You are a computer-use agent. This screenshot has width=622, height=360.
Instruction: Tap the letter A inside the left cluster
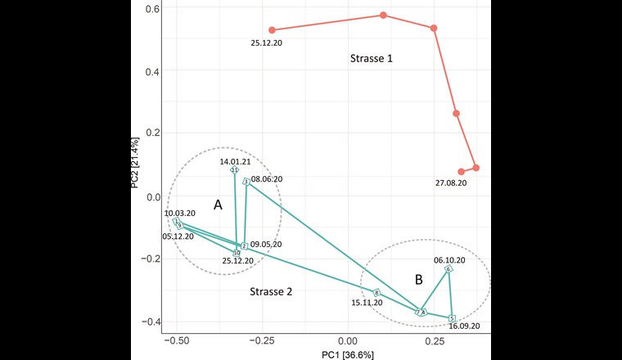218,205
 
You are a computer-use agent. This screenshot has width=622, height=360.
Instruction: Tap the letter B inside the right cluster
418,280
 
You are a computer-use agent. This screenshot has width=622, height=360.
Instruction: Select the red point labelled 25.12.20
272,30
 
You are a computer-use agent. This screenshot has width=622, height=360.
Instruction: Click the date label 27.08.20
451,183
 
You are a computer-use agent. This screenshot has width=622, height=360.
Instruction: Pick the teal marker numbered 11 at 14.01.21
235,170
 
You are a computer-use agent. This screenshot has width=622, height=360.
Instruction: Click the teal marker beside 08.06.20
246,182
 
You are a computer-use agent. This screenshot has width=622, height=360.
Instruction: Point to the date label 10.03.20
181,213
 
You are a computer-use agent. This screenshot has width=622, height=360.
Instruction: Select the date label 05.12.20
178,236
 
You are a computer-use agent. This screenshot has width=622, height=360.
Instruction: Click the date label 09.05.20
266,244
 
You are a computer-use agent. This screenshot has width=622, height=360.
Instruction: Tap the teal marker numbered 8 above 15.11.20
376,293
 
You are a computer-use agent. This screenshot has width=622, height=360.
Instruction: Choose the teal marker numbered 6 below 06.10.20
448,269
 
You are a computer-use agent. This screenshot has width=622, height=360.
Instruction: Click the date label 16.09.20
463,326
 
